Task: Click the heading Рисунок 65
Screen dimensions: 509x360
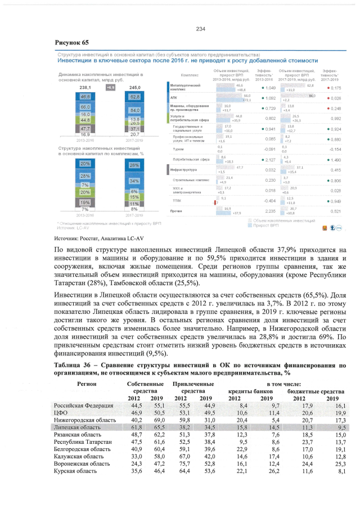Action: point(71,43)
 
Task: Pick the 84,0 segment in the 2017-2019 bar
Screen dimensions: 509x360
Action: point(134,110)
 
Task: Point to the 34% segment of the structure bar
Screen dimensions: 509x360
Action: point(134,182)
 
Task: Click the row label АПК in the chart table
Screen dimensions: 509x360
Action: point(174,98)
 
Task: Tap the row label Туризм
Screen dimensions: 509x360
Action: point(178,149)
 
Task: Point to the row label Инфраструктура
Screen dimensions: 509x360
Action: point(183,169)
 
